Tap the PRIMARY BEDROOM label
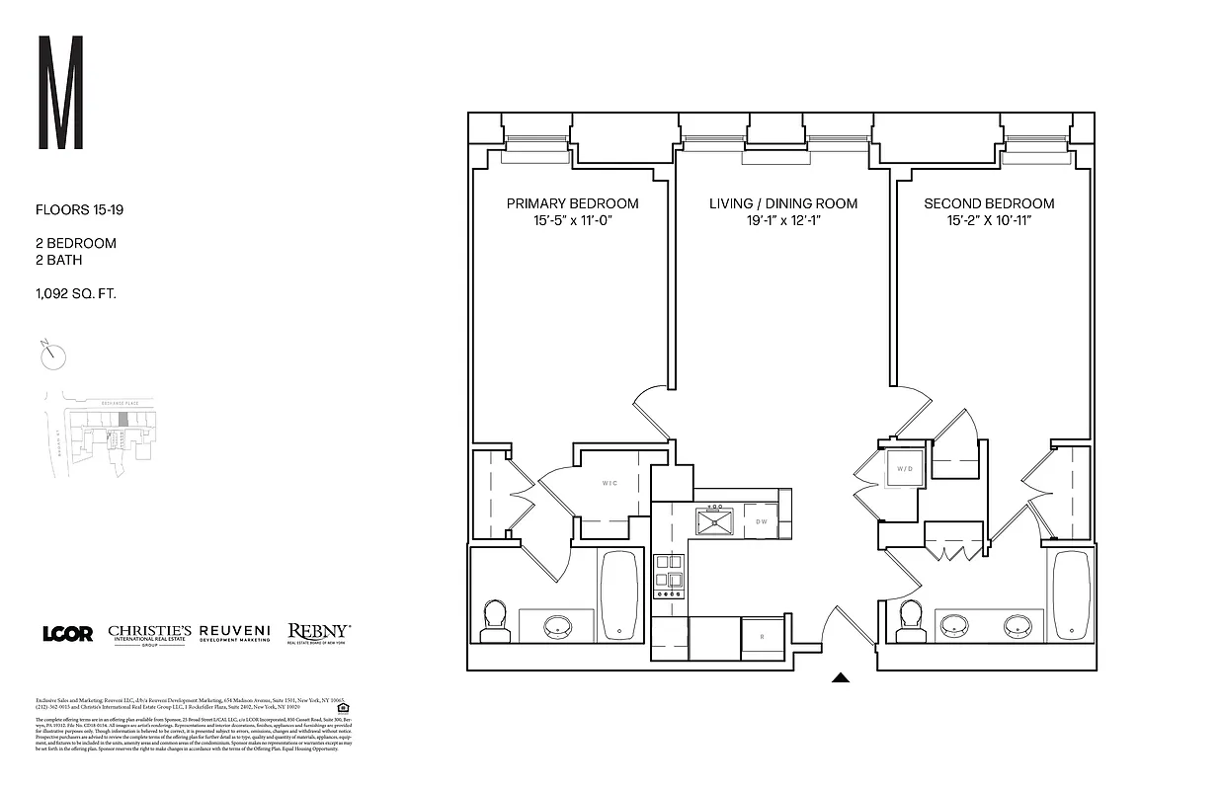(x=572, y=203)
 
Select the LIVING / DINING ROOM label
(x=782, y=203)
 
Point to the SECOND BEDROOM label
(x=989, y=203)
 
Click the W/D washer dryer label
(x=905, y=468)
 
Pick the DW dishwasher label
(x=762, y=521)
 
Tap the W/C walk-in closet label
(x=610, y=484)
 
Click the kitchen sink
(x=713, y=520)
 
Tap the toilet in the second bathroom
(x=909, y=618)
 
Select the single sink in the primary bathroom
(x=558, y=626)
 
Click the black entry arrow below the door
(x=841, y=677)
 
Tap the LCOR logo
(x=67, y=633)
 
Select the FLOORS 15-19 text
(x=79, y=210)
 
